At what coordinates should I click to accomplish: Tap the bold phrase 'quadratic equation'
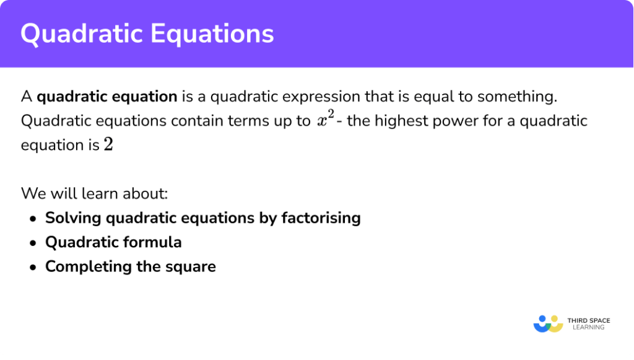tap(107, 97)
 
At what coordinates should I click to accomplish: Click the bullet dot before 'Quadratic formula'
tap(32, 243)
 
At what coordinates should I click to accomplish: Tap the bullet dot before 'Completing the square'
tap(32, 267)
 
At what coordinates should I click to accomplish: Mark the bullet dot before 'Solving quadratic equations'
tap(32, 219)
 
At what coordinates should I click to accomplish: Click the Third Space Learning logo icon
tap(548, 323)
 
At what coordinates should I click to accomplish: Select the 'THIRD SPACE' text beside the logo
tap(589, 320)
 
